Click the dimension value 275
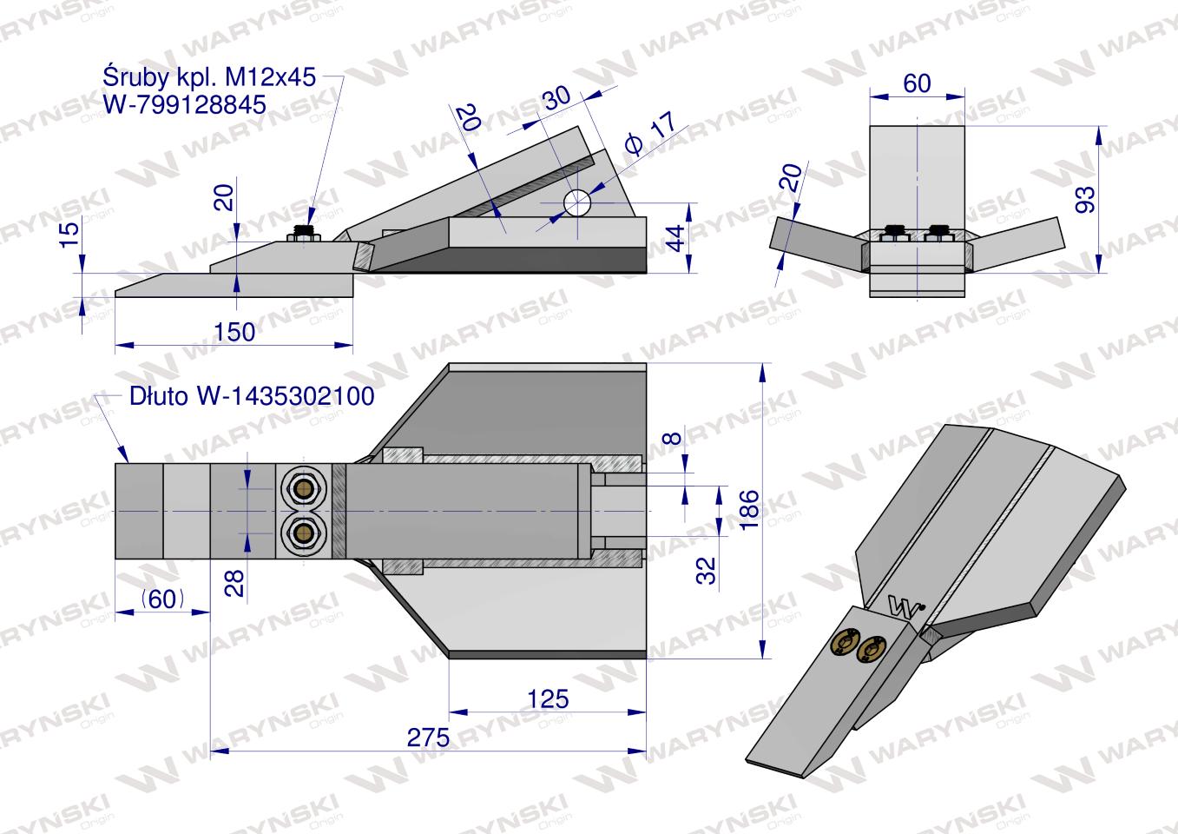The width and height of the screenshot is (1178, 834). point(428,738)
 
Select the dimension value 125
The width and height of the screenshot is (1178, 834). point(548,699)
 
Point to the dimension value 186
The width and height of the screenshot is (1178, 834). point(749,510)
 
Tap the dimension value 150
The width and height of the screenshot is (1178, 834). point(234,332)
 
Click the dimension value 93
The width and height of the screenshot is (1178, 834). point(1085,200)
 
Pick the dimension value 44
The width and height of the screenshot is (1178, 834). point(675,238)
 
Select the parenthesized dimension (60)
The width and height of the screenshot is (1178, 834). point(162,599)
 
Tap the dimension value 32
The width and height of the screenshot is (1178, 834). point(707,571)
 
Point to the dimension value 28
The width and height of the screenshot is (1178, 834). point(234,583)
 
